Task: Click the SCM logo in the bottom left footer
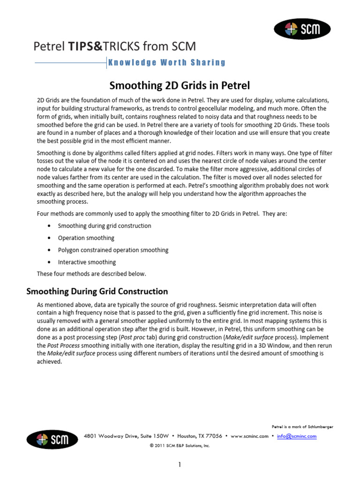tap(52, 439)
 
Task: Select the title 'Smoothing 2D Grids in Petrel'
tap(180, 85)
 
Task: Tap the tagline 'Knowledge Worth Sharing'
tap(166, 62)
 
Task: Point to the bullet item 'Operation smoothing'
tap(86, 238)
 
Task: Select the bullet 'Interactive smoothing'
tap(87, 262)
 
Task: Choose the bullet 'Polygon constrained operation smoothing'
tap(113, 250)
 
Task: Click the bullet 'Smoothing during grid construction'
tap(104, 225)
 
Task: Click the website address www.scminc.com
tap(249, 436)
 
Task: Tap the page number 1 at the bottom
tap(179, 465)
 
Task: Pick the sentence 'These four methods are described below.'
tap(91, 273)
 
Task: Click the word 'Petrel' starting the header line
tap(49, 46)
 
